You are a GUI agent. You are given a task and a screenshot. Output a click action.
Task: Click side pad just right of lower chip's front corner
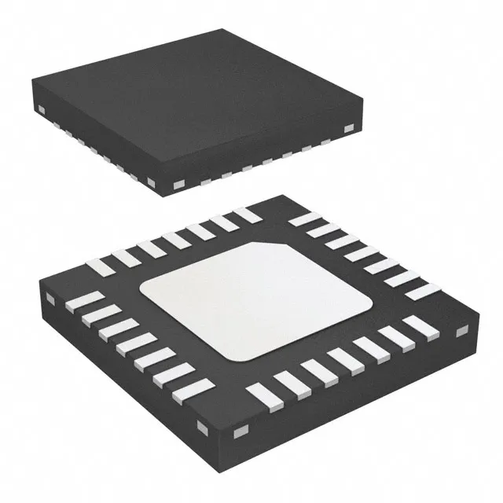238,430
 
